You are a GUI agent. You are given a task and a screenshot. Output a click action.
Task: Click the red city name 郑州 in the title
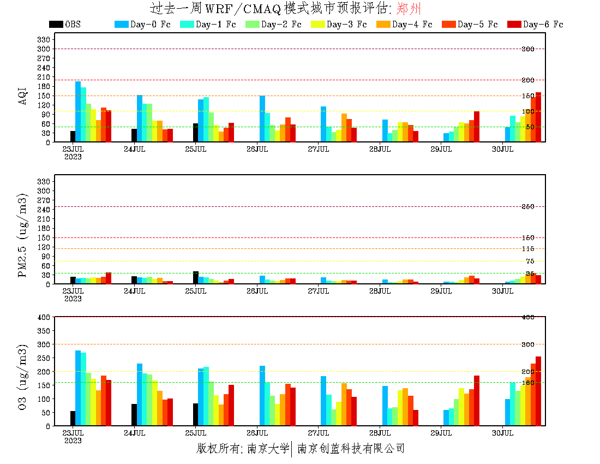pos(409,9)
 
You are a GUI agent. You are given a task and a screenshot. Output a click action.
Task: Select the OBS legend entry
pos(65,25)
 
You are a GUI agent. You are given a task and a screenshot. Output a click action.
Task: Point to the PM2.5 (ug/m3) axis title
pos(22,235)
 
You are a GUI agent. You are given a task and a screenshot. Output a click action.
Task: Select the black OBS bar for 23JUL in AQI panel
pos(73,136)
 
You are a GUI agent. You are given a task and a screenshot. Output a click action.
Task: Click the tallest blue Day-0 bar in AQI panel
pos(78,112)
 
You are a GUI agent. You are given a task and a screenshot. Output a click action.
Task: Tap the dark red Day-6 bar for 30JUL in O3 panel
pos(538,391)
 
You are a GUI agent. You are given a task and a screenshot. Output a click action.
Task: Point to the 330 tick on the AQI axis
pos(44,39)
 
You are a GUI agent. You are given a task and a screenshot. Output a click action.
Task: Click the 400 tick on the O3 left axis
pos(44,317)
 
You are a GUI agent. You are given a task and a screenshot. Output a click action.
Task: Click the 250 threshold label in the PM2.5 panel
pos(528,206)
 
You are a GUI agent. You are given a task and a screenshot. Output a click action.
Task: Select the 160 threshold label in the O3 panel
pos(528,383)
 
